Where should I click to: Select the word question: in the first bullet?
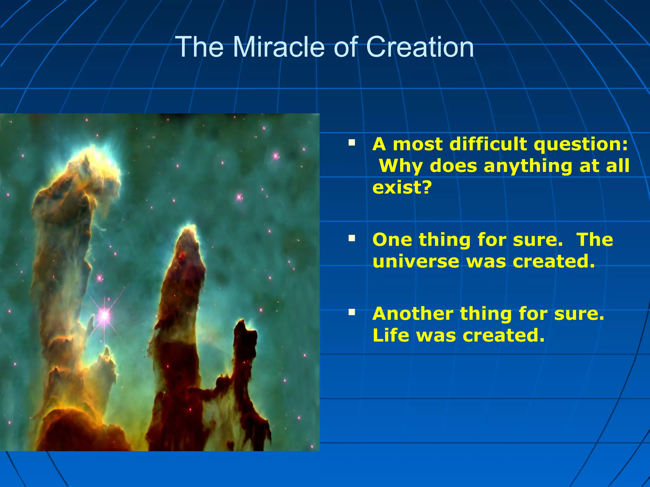click(x=580, y=144)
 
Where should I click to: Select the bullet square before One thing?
click(x=352, y=238)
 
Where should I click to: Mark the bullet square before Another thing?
click(x=352, y=312)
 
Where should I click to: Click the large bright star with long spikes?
click(x=104, y=315)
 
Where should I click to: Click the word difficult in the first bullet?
click(x=489, y=144)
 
